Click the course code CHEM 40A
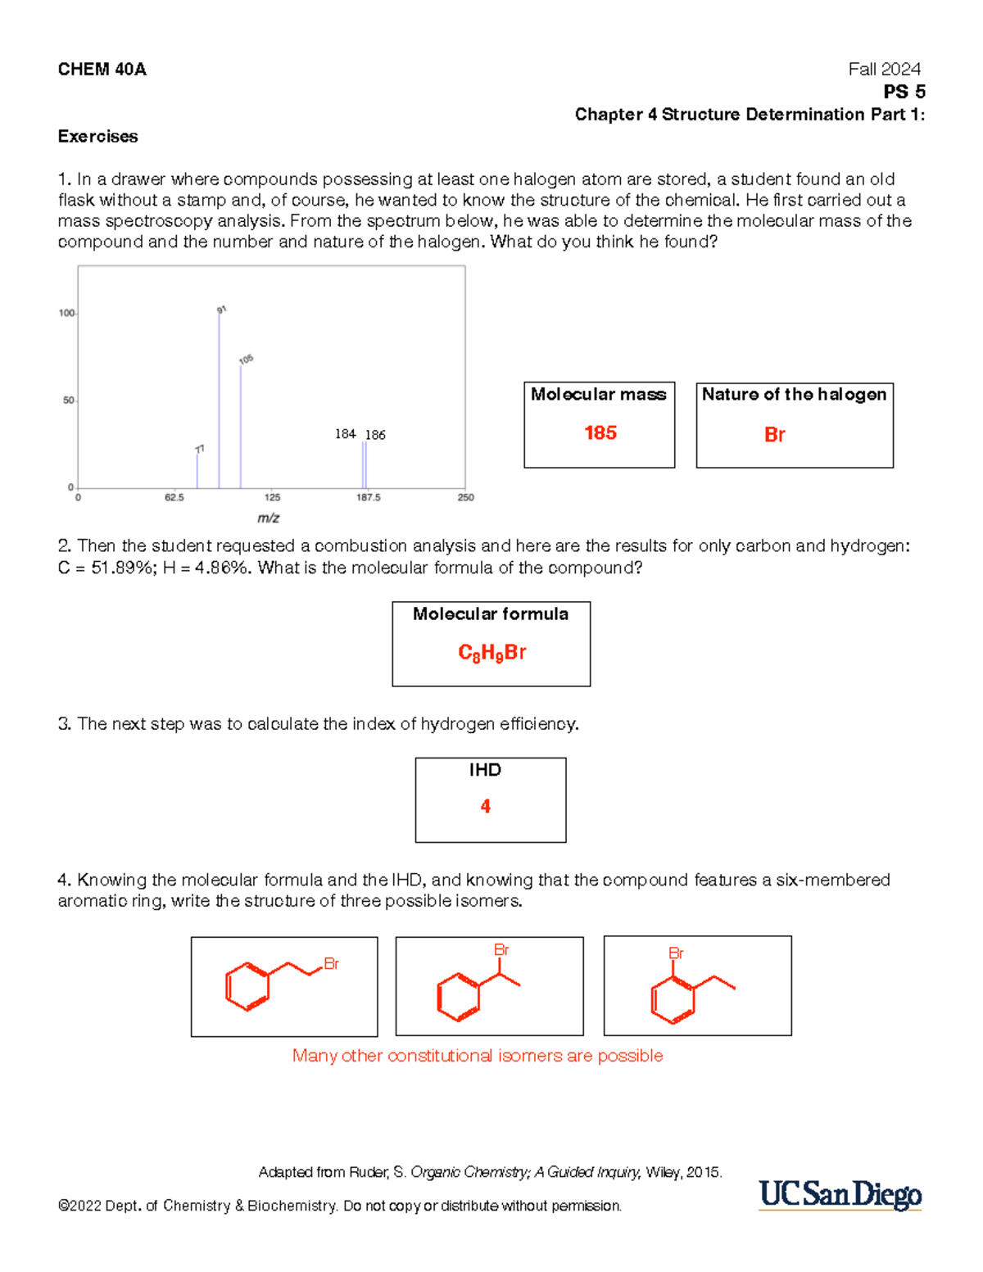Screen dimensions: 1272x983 coord(102,70)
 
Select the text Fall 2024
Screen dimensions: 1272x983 coord(884,70)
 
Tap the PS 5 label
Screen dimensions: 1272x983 coord(904,92)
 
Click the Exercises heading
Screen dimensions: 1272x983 coord(97,137)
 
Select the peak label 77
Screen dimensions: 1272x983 coord(200,449)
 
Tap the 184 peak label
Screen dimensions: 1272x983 coord(345,434)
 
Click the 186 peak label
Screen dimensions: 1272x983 coord(375,435)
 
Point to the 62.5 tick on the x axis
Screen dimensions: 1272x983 coord(174,497)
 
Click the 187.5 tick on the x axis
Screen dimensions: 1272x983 coord(368,497)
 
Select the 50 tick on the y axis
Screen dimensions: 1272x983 coord(69,401)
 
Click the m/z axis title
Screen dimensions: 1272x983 coord(269,518)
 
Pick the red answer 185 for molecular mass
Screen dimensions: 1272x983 coord(600,433)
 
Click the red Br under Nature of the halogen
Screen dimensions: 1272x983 coord(774,435)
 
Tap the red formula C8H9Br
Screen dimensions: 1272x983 coord(491,653)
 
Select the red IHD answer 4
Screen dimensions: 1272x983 coord(485,807)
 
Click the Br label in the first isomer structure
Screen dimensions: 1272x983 coord(331,964)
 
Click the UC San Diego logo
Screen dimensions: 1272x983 coord(840,1195)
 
